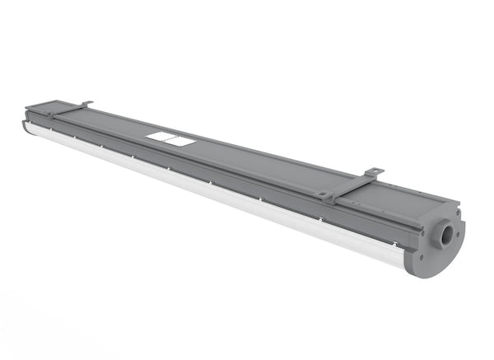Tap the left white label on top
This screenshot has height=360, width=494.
click(161, 137)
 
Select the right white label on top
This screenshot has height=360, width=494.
click(179, 142)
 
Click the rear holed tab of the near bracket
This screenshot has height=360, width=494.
click(374, 171)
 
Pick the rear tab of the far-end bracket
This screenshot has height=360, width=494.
click(86, 103)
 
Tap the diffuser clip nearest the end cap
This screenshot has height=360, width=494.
click(394, 243)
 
